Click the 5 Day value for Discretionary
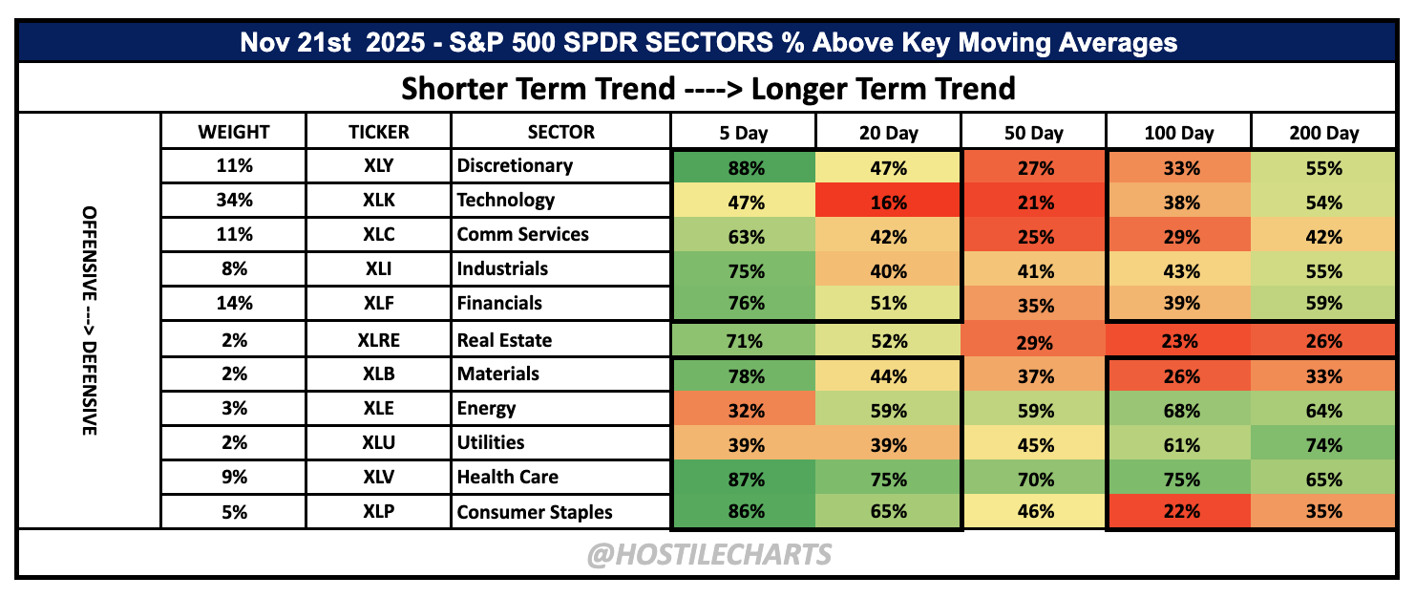click(746, 168)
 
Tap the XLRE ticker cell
click(378, 340)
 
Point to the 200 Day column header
click(1323, 133)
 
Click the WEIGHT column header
click(234, 132)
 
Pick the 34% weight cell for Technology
click(234, 201)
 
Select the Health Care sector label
click(507, 477)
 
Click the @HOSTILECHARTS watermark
click(708, 554)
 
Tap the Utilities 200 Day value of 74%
click(1323, 445)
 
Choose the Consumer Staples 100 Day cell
click(1179, 511)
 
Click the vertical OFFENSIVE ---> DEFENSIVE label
click(90, 320)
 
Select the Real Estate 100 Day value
click(1179, 341)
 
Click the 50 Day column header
click(1033, 133)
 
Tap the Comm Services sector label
click(522, 235)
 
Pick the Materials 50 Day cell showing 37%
click(1034, 376)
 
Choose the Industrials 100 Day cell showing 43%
click(1179, 271)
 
